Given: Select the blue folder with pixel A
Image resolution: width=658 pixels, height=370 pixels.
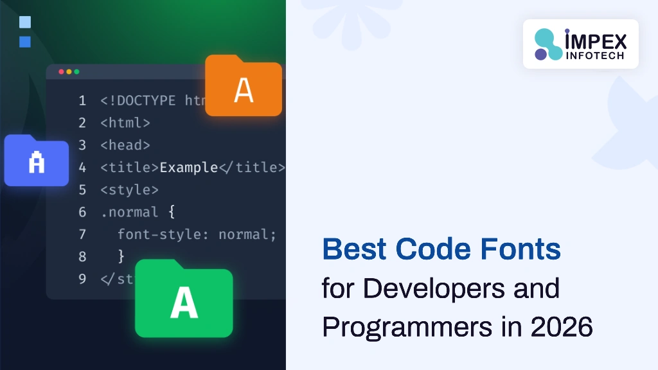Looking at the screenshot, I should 37,162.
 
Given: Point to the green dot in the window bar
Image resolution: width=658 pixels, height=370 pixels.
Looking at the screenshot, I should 76,72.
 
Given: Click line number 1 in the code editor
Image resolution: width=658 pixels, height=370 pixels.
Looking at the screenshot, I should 82,100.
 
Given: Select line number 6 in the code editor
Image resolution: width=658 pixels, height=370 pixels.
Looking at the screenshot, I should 82,212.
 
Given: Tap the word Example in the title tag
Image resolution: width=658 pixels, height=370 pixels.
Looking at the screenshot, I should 189,168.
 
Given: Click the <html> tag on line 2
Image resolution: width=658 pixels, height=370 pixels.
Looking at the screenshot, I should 125,123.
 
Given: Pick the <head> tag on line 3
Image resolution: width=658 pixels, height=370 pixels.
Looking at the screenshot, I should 125,145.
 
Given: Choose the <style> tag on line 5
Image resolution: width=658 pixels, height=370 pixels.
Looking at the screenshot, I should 129,190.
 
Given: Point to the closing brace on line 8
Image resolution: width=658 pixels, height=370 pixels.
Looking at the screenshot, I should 121,256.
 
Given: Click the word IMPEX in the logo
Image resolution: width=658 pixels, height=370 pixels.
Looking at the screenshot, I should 595,40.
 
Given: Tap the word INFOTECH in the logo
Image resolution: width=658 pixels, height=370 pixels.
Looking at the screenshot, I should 595,56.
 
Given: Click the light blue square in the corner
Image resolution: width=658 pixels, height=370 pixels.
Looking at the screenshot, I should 25,22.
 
